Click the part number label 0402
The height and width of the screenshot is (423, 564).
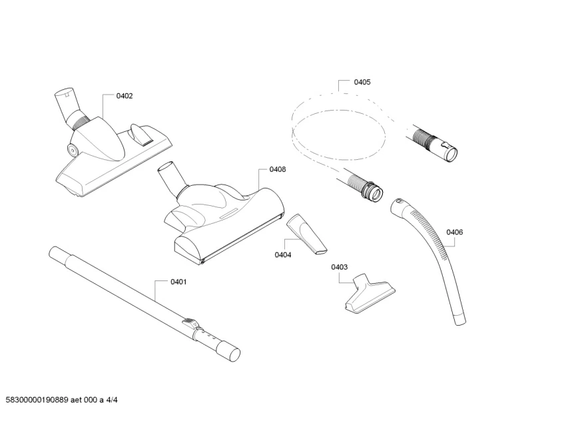[x=125, y=96]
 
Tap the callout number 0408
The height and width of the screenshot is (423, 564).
[x=278, y=169]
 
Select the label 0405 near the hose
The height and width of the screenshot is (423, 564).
[x=362, y=82]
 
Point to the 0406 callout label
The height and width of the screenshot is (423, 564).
[x=455, y=232]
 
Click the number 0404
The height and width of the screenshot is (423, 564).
[x=283, y=254]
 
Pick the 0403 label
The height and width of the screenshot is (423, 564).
[x=339, y=267]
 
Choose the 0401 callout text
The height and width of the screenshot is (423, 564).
[x=178, y=282]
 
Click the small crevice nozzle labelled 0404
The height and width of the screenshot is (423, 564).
[x=307, y=234]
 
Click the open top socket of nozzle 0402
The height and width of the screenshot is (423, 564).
[x=63, y=93]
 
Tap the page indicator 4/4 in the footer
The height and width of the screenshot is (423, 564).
[x=113, y=400]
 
